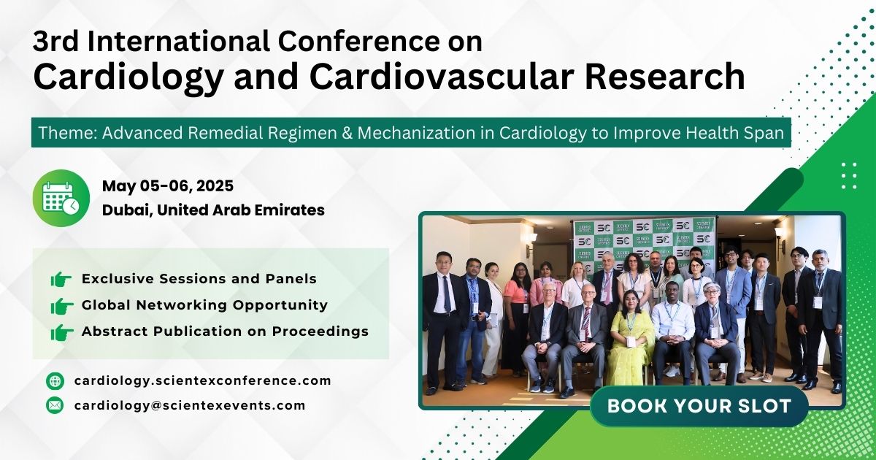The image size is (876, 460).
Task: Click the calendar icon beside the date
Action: click(61, 198)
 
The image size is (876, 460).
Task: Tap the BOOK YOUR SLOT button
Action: click(699, 407)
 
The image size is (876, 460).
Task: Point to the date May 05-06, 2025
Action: click(168, 185)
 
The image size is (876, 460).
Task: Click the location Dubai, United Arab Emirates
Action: click(213, 210)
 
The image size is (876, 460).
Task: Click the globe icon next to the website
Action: click(55, 380)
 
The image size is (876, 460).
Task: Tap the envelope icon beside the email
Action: click(55, 405)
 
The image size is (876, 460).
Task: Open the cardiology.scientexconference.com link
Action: click(202, 380)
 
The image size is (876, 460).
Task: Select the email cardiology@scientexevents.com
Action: click(190, 405)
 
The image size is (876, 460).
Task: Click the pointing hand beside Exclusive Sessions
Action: click(61, 279)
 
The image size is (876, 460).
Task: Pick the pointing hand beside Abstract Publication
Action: click(61, 331)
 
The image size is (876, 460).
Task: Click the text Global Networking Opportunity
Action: click(204, 305)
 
